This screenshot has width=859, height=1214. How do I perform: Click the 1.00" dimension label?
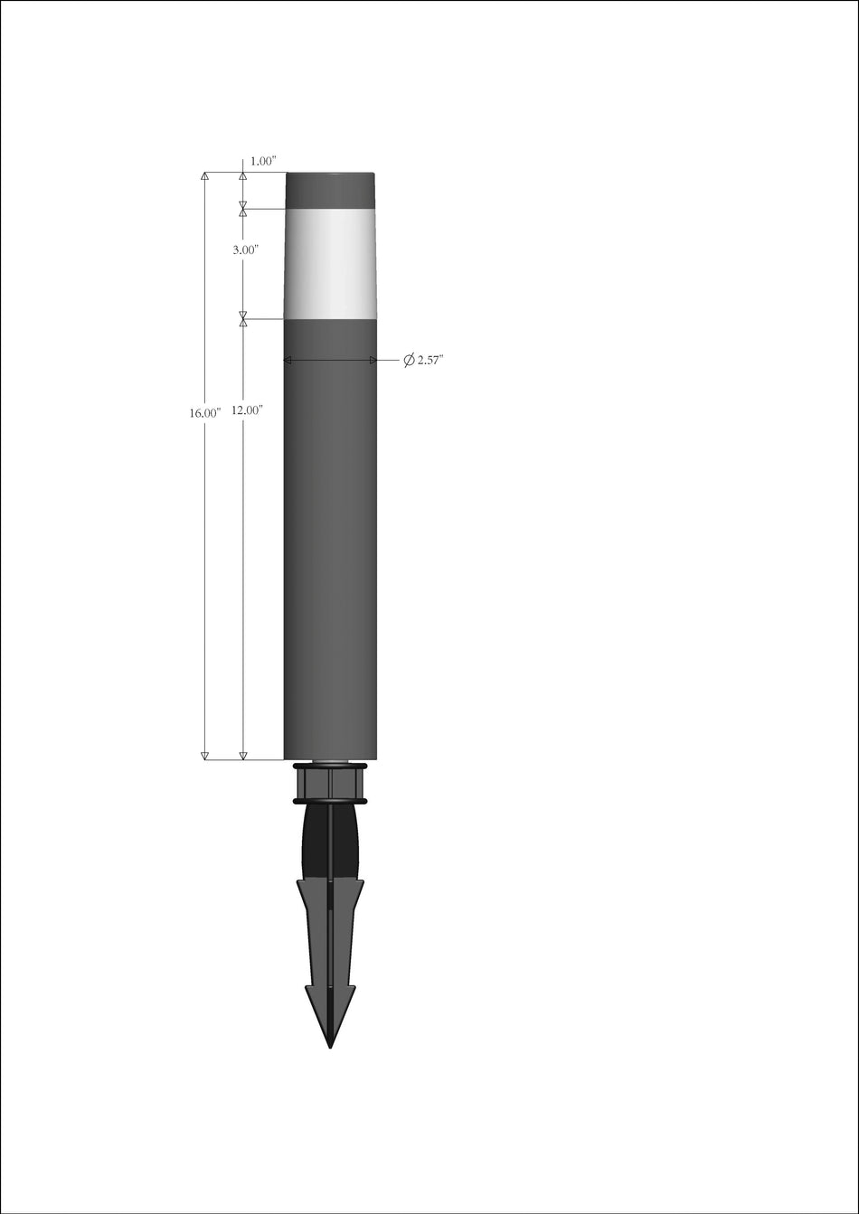pos(263,161)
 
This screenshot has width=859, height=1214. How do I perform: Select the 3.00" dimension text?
pos(246,249)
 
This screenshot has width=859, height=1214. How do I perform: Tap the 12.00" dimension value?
pos(246,410)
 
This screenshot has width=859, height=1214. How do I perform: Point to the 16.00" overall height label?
pos(205,413)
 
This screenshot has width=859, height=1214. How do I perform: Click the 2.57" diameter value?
pos(430,361)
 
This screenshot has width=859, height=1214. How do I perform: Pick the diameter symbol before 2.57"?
pos(409,361)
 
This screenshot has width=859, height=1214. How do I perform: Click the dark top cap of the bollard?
pos(330,190)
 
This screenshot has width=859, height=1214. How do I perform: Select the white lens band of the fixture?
pos(330,264)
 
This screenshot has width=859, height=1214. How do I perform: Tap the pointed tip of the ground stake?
pos(330,1044)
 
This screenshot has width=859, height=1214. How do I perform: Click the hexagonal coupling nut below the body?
pos(330,783)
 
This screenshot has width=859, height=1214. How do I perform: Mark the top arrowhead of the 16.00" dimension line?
pos(204,176)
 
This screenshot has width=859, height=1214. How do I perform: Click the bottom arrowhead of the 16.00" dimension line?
pos(204,755)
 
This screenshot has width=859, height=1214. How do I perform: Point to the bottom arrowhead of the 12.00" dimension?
pos(243,755)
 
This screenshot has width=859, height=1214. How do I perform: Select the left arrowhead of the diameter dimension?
pos(288,361)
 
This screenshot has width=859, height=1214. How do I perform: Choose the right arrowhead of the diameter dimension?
pos(372,361)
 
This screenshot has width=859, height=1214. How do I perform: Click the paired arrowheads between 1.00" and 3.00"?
pos(243,210)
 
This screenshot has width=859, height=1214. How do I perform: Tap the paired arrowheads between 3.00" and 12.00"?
pos(243,319)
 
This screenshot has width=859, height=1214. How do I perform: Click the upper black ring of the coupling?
pos(330,767)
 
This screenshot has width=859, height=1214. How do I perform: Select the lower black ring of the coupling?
pos(330,801)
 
